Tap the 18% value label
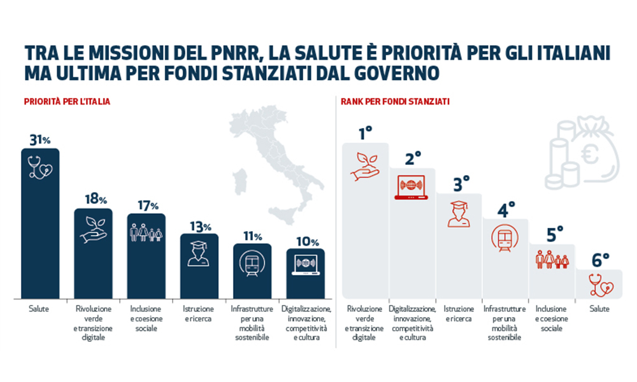pyautogui.click(x=95, y=199)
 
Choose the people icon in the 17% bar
pyautogui.click(x=147, y=233)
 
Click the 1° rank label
pyautogui.click(x=365, y=134)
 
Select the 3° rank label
pyautogui.click(x=461, y=185)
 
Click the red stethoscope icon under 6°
pyautogui.click(x=599, y=285)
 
